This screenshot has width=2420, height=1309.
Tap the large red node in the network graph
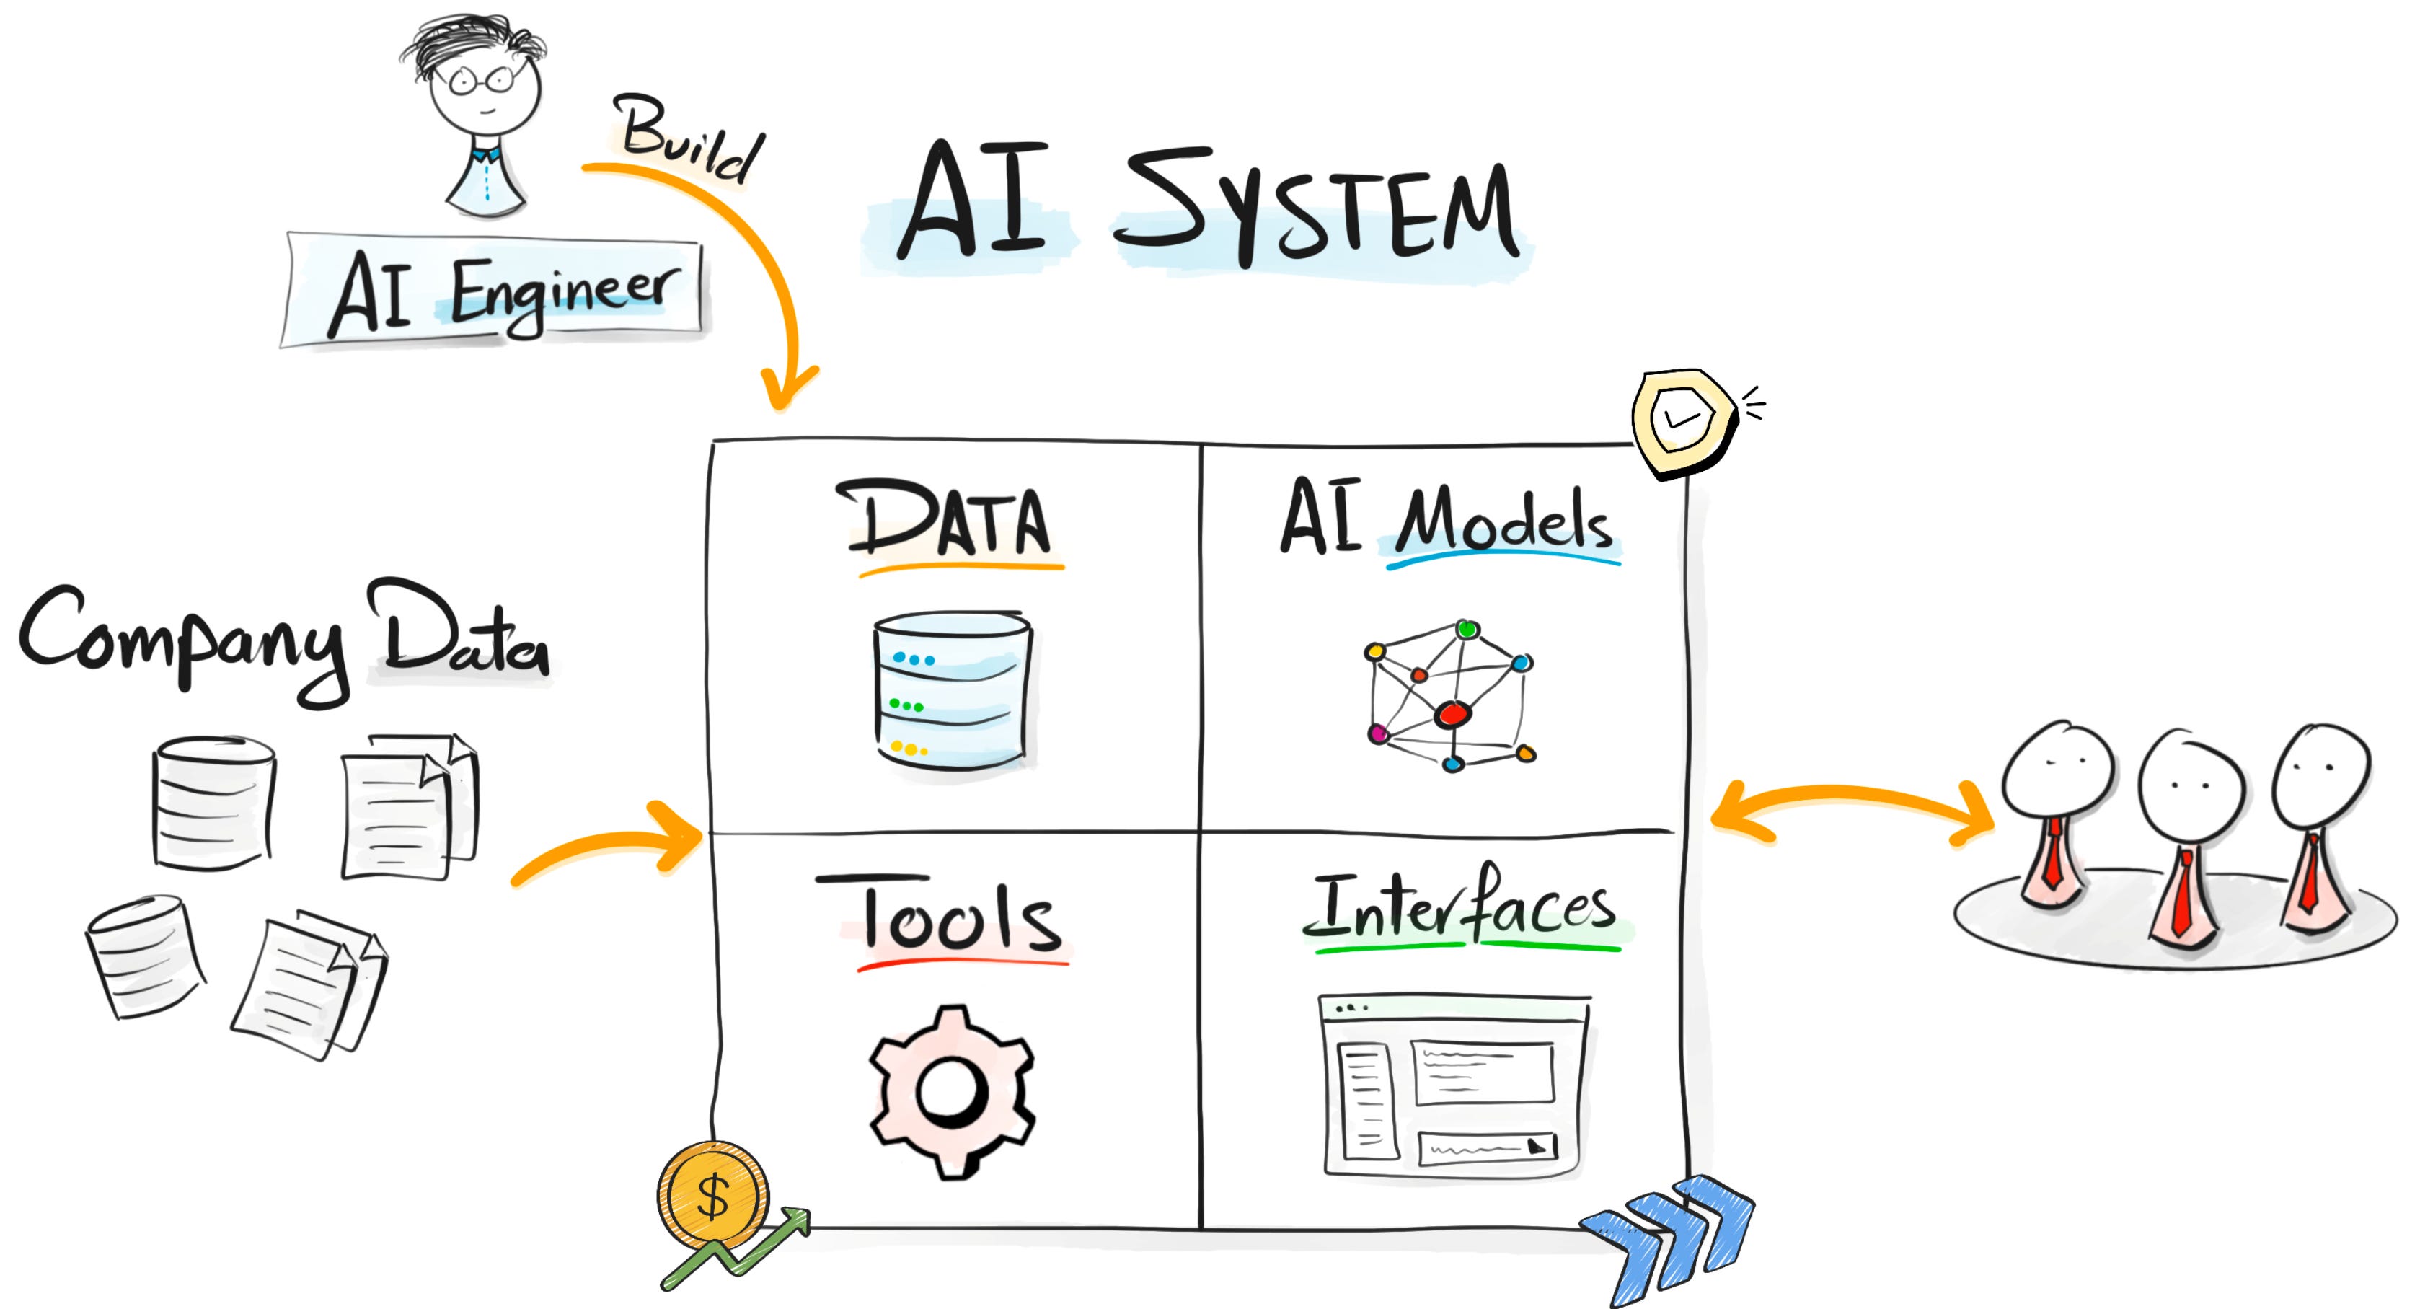click(1452, 714)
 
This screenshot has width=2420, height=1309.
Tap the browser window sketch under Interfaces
click(1454, 1085)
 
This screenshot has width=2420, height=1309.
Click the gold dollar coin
click(713, 1195)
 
